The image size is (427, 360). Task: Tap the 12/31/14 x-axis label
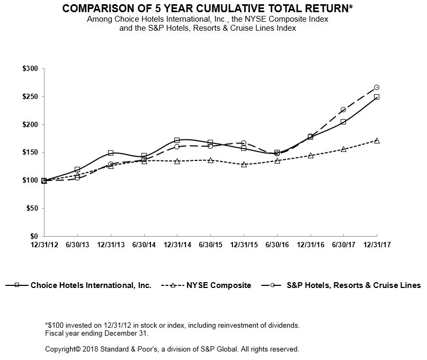point(177,245)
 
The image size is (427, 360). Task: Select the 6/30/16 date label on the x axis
point(277,245)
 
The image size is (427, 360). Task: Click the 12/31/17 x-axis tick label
point(377,245)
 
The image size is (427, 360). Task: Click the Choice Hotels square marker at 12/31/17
point(377,97)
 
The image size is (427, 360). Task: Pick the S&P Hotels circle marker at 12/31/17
point(377,87)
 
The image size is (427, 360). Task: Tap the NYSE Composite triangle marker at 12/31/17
point(377,140)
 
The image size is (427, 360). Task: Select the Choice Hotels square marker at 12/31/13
point(111,153)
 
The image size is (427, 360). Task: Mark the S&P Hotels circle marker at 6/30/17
point(343,110)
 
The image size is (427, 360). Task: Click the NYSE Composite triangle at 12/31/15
point(244,164)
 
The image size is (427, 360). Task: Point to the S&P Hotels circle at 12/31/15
point(244,143)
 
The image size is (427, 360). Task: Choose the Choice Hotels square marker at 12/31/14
point(177,140)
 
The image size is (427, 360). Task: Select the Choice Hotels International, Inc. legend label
point(91,285)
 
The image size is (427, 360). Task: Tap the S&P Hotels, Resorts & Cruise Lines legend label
point(353,285)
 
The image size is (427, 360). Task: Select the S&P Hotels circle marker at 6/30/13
point(77,178)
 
